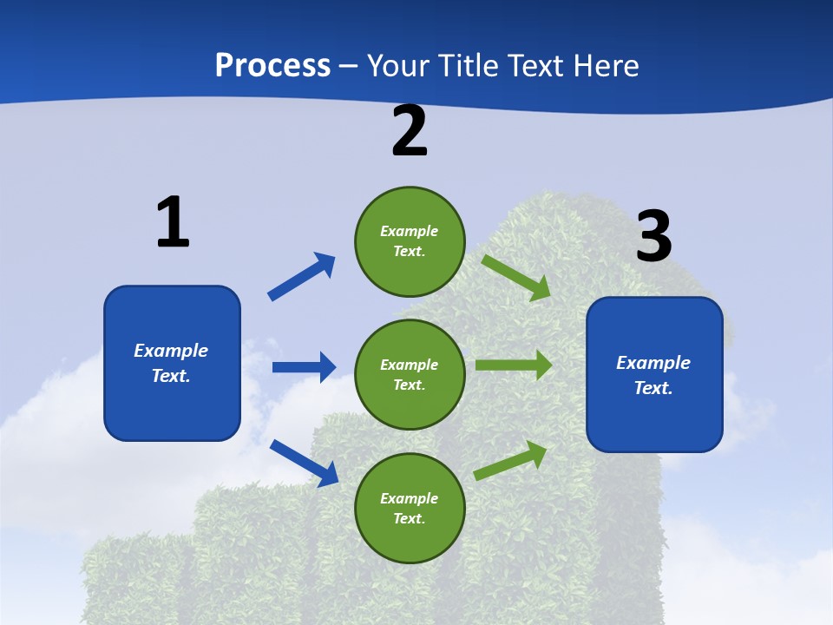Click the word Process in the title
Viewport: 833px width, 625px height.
[x=272, y=65]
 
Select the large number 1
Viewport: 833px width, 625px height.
[x=173, y=222]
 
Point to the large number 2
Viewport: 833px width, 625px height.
[x=410, y=131]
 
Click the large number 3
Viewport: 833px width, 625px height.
[x=653, y=237]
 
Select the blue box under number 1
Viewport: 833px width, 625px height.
[x=172, y=363]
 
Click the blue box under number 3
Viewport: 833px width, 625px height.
[x=654, y=375]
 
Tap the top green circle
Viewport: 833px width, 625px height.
[x=410, y=241]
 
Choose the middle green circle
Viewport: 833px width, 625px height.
[x=410, y=375]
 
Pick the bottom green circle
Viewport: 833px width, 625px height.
[x=410, y=509]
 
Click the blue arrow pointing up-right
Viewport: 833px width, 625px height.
[x=302, y=277]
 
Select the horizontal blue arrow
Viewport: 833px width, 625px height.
[x=304, y=367]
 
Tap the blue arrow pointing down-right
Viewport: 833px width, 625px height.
[x=305, y=463]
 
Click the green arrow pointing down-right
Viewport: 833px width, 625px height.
[x=516, y=277]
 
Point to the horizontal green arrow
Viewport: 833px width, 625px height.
[x=514, y=365]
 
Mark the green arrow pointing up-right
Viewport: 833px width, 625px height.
[x=511, y=460]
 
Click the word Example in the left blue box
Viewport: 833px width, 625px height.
[x=171, y=351]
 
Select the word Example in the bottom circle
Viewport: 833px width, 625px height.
[x=410, y=498]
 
